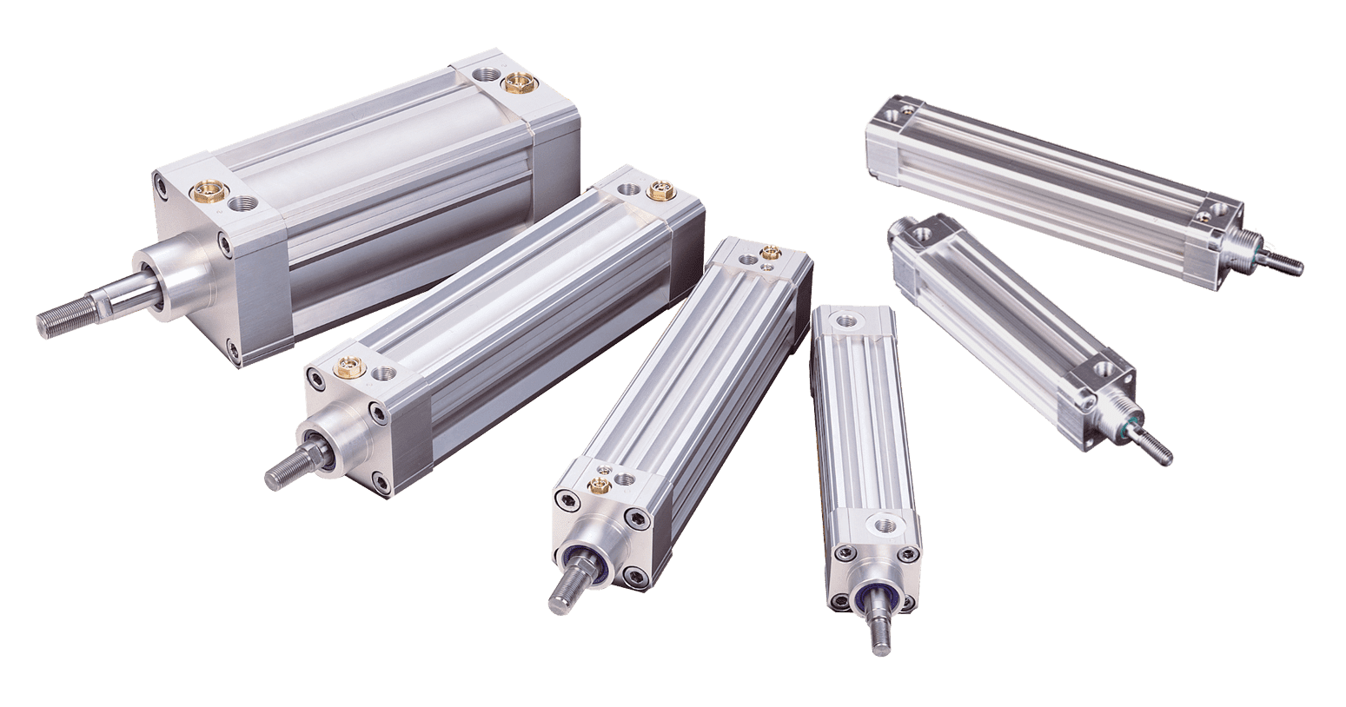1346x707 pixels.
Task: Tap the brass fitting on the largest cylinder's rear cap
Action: [519, 83]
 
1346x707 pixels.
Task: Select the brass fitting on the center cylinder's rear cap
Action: [769, 253]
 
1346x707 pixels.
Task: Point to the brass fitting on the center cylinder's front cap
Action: [598, 482]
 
